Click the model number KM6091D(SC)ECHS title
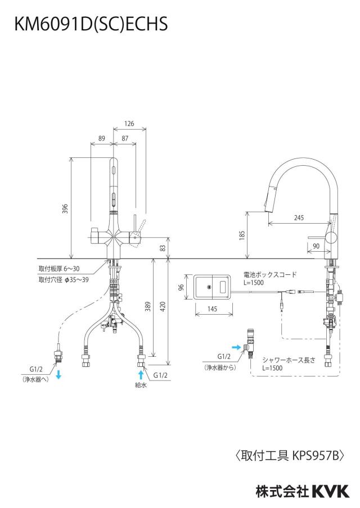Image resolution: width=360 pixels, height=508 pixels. pyautogui.click(x=91, y=24)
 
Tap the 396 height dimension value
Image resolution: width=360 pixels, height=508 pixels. pyautogui.click(x=65, y=208)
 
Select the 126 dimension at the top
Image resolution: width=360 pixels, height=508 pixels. pyautogui.click(x=129, y=124)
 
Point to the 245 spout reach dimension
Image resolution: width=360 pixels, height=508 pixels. pyautogui.click(x=299, y=217)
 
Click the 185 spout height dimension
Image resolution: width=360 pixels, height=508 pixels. pyautogui.click(x=242, y=235)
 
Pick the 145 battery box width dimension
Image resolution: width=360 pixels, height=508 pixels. pyautogui.click(x=212, y=309)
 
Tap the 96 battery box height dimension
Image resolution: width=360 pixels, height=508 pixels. pyautogui.click(x=181, y=287)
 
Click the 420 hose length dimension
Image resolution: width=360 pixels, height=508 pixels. pyautogui.click(x=163, y=306)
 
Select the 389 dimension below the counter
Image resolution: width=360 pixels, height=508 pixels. pyautogui.click(x=148, y=306)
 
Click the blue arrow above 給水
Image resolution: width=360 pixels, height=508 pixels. pyautogui.click(x=141, y=375)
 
